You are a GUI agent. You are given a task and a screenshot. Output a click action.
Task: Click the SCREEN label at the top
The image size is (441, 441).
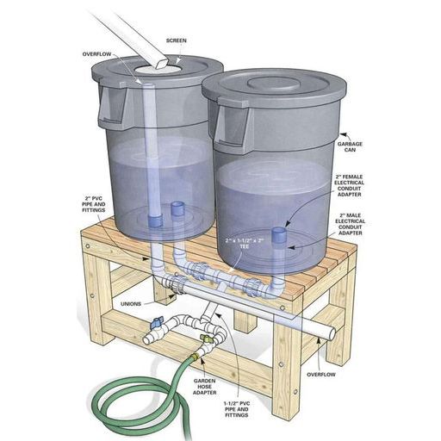click(x=177, y=40)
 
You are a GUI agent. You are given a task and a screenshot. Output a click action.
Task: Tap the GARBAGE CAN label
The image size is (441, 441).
click(x=350, y=146)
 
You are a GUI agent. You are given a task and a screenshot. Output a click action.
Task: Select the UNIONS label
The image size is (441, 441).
click(x=131, y=304)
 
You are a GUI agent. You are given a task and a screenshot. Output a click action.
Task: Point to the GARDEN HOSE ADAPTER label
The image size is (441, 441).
click(x=204, y=387)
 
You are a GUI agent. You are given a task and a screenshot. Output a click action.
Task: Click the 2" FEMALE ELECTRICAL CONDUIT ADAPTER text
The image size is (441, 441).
click(x=349, y=185)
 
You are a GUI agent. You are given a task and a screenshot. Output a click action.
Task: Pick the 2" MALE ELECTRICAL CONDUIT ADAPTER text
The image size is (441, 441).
click(x=351, y=224)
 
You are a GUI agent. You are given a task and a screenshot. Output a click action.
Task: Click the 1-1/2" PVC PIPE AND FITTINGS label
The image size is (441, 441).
click(x=237, y=409)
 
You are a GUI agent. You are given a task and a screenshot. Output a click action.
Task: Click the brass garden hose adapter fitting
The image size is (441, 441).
click(x=196, y=357)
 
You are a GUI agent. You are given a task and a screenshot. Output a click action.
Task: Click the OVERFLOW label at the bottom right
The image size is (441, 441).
click(x=321, y=375)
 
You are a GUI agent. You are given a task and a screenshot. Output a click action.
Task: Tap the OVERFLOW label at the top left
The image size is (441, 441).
click(x=96, y=54)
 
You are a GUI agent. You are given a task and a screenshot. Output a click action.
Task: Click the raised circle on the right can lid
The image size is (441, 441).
click(x=274, y=84)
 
